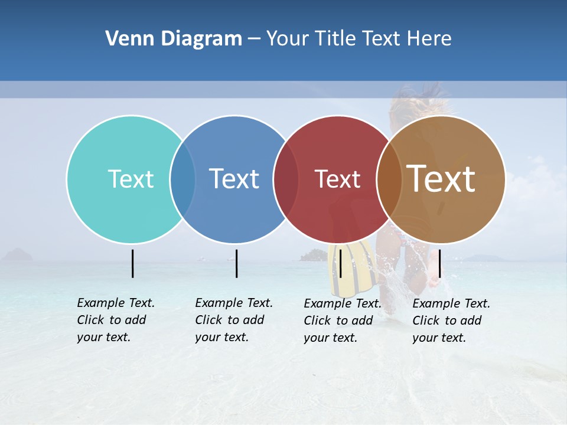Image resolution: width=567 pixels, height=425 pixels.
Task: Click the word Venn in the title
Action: pos(126,39)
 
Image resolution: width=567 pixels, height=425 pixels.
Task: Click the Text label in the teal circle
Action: pos(131,179)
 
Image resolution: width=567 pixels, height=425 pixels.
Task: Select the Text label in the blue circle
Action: pos(234,179)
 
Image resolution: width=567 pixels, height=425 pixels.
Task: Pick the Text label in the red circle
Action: pos(337,179)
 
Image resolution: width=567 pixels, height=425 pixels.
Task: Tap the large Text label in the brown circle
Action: pos(441,179)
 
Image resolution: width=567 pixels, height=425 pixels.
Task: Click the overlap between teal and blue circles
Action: pos(183,179)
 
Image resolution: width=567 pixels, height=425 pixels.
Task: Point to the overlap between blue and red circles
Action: pos(286,179)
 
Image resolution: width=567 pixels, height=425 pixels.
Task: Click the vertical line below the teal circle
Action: pos(133,263)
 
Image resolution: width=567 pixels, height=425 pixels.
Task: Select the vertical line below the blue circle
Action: pos(236,263)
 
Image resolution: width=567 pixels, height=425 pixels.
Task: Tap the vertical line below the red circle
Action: pos(340,263)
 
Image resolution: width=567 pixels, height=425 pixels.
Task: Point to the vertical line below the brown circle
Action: pos(439,263)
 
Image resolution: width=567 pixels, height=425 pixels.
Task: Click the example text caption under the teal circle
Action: pos(116,320)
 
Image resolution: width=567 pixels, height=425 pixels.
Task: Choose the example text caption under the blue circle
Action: pos(234,320)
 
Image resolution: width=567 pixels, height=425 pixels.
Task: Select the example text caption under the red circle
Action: pos(343,321)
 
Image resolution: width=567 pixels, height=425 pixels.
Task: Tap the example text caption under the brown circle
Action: pos(451,321)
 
